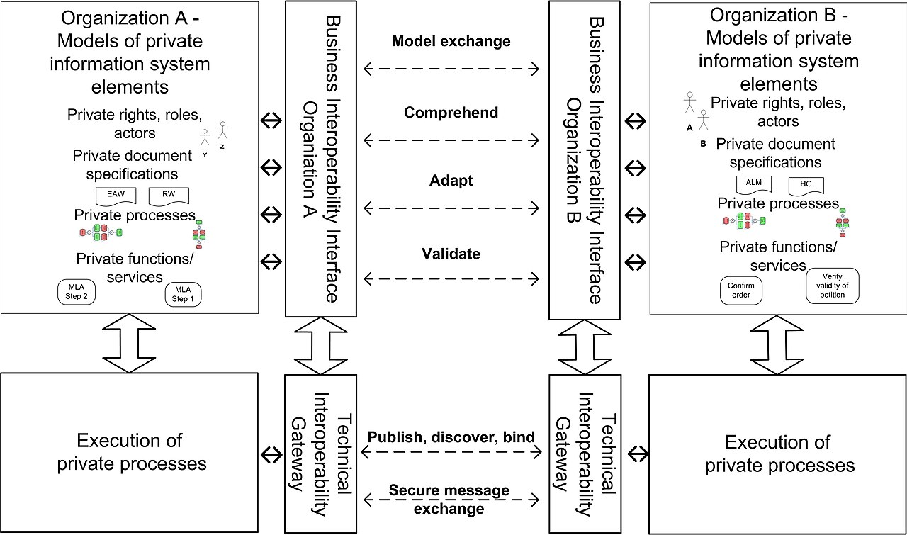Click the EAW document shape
[116, 196]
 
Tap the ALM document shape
[753, 185]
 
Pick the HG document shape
[806, 186]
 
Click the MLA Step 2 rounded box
[77, 292]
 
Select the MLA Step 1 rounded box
[183, 294]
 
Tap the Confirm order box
[741, 291]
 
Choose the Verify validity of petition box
[832, 286]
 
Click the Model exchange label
[451, 41]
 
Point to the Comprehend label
[451, 112]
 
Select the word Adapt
[451, 180]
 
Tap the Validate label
[451, 254]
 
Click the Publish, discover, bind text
[451, 437]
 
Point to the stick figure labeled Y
[205, 137]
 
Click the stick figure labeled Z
[222, 130]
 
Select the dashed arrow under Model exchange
[451, 69]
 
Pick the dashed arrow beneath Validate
[451, 278]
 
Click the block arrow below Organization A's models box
[129, 343]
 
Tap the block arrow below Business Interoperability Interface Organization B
[585, 347]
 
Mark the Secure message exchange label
[449, 500]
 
